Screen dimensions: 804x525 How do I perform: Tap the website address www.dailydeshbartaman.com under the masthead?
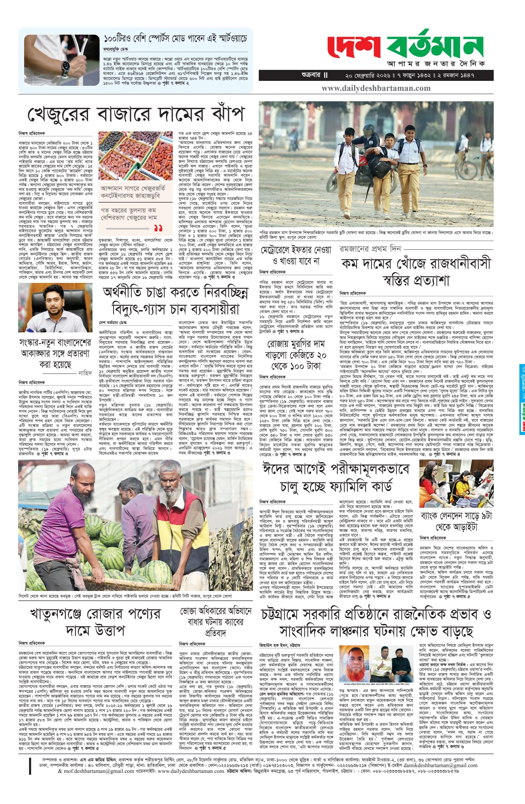376,88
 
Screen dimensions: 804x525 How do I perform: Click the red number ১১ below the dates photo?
158,228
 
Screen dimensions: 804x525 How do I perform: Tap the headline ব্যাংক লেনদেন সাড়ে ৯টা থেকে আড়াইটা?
456,521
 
